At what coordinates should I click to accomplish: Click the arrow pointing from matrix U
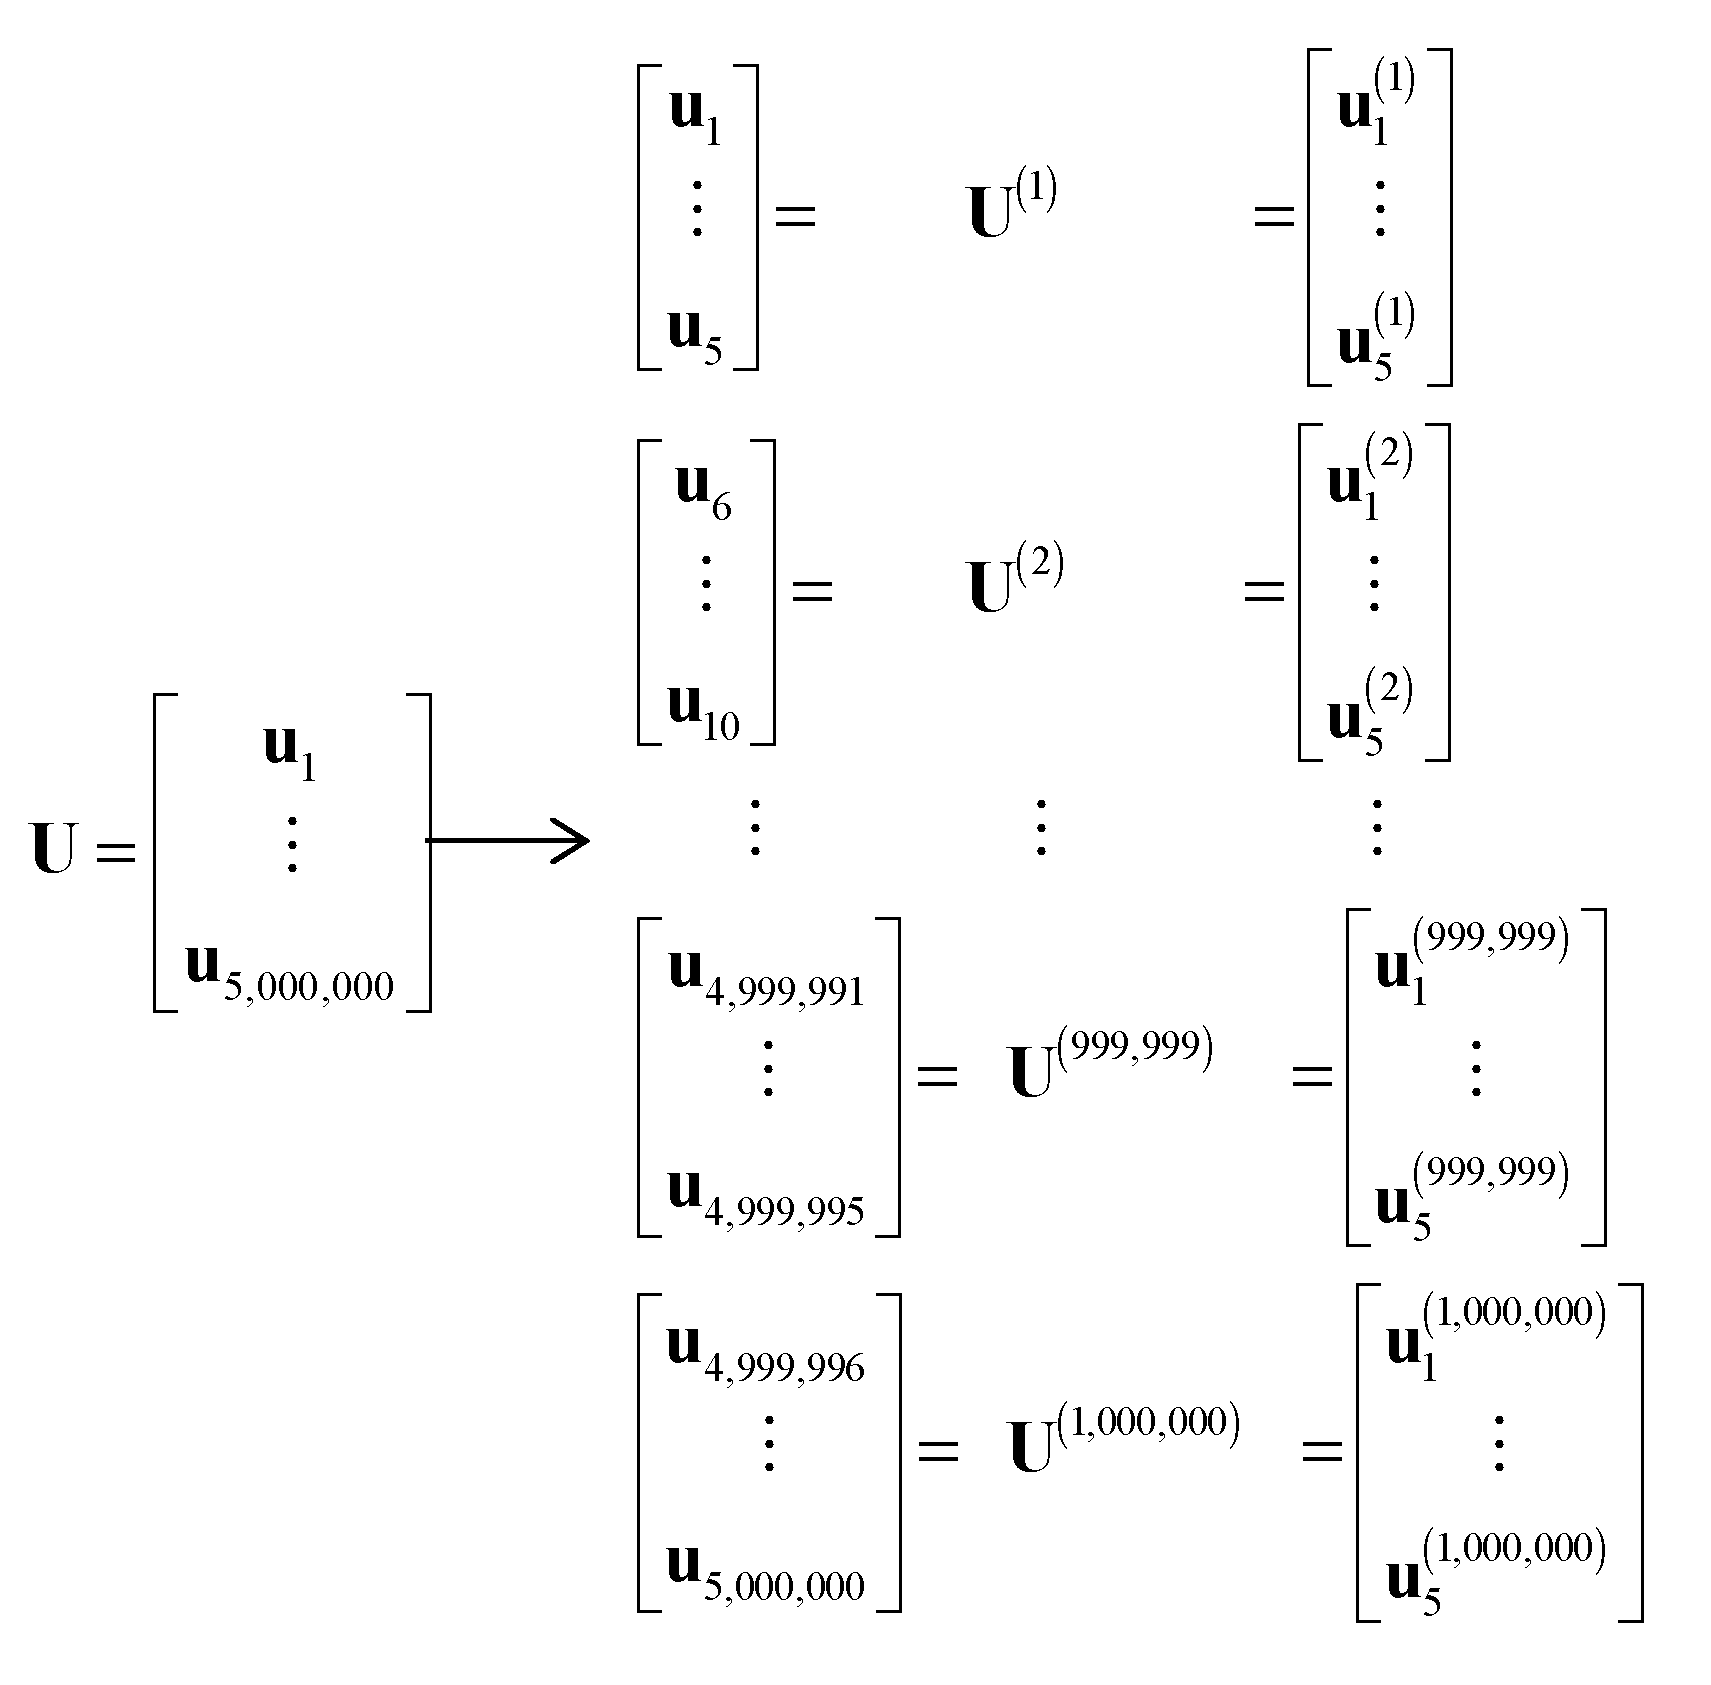pos(508,840)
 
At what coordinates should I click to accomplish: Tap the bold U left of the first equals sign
pos(54,849)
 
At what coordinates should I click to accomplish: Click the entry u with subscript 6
pos(703,491)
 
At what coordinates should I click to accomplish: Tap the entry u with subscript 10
pos(703,710)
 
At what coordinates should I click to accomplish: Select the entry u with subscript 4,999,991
pos(765,975)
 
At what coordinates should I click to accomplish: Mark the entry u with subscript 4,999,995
pos(765,1195)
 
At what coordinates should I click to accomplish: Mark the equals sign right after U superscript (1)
pos(1273,215)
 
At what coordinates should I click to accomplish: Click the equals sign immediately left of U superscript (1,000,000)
pos(937,1450)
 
